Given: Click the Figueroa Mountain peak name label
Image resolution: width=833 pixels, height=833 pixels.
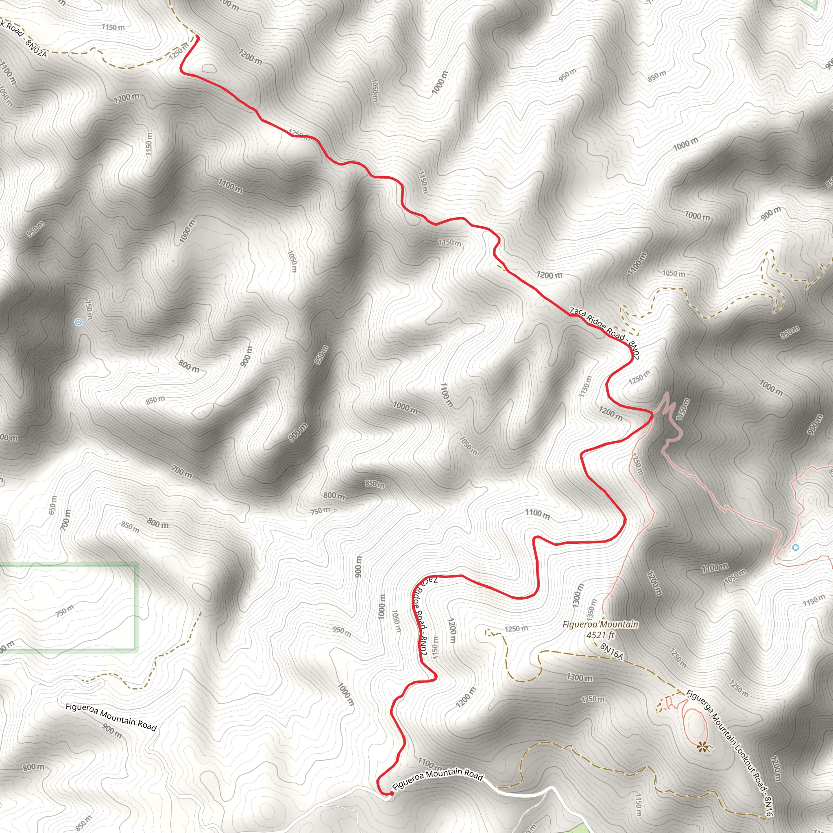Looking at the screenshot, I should coord(600,624).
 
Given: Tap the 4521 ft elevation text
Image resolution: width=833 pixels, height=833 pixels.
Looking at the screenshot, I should coord(600,635).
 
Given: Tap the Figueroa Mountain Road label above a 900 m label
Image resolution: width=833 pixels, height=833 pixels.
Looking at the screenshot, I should coord(111,717).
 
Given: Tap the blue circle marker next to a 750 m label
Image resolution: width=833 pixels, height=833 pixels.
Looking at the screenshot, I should coord(79,322).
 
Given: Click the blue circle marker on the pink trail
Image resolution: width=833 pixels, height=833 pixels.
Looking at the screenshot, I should coord(796,547).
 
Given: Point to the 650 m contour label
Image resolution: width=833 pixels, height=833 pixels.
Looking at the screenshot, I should coord(52,505).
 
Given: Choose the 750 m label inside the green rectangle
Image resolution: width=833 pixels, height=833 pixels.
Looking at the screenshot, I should coord(65,611).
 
